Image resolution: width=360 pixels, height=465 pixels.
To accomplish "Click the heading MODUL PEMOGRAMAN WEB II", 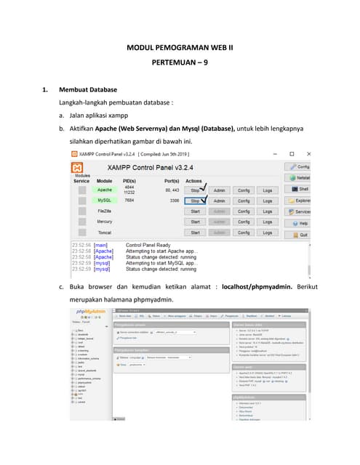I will (x=180, y=48).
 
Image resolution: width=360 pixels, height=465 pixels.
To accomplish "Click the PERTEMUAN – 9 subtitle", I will (x=180, y=63).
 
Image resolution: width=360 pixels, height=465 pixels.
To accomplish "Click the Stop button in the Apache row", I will (x=195, y=190).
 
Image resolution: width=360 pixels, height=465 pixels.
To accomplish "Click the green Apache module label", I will (x=105, y=190).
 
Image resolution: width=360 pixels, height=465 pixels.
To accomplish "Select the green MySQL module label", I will (x=105, y=200).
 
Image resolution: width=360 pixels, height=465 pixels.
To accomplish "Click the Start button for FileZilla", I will (x=195, y=211).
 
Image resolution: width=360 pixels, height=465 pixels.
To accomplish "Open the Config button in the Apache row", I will (x=244, y=190).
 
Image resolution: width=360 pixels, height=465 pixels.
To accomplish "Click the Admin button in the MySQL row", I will (x=220, y=200).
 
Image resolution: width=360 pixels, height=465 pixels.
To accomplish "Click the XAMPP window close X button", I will (x=309, y=154).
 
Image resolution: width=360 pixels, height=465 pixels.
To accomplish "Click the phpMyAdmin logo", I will (x=91, y=312).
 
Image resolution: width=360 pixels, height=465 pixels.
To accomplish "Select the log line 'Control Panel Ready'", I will (x=149, y=246).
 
